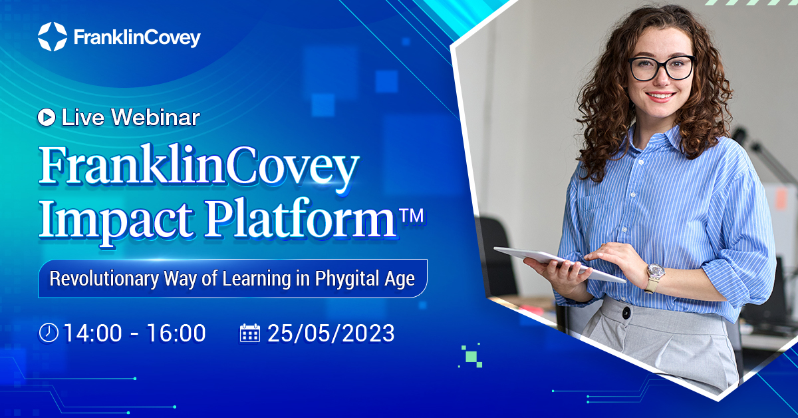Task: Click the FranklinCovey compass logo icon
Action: pos(53,37)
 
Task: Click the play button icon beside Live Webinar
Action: pos(47,118)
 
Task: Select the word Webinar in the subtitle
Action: pos(156,118)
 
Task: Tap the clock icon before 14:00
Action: pos(49,333)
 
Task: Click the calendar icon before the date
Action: pos(249,333)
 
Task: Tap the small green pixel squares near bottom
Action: pos(473,357)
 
